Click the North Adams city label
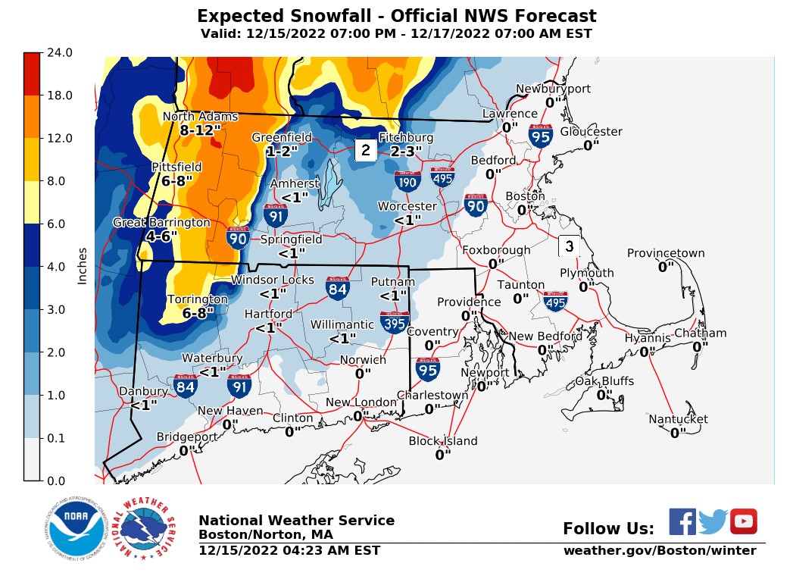pyautogui.click(x=200, y=117)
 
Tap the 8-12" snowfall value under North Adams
pyautogui.click(x=200, y=130)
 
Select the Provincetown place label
pyautogui.click(x=666, y=254)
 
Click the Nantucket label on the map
pyautogui.click(x=678, y=419)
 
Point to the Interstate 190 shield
pyautogui.click(x=407, y=181)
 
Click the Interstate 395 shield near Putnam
pyautogui.click(x=395, y=322)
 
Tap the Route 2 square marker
pyautogui.click(x=365, y=150)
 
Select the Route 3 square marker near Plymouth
pyautogui.click(x=570, y=246)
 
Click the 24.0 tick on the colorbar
pyautogui.click(x=60, y=53)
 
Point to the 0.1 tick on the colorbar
pyautogui.click(x=60, y=438)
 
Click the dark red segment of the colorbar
pyautogui.click(x=31, y=74)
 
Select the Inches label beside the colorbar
pyautogui.click(x=83, y=266)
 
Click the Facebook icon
pyautogui.click(x=682, y=521)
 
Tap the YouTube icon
pyautogui.click(x=743, y=521)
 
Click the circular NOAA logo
pyautogui.click(x=74, y=528)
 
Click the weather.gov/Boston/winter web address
pyautogui.click(x=659, y=551)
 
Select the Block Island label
pyautogui.click(x=443, y=441)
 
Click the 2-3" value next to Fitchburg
pyautogui.click(x=406, y=152)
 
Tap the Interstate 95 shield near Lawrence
pyautogui.click(x=540, y=135)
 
